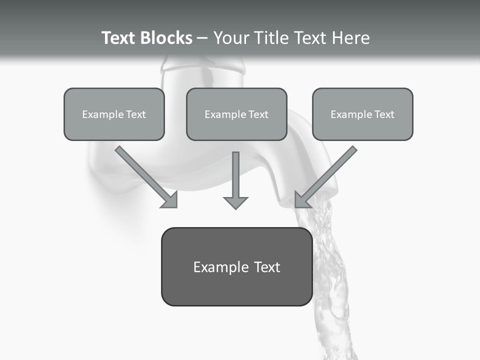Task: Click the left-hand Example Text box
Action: point(114,114)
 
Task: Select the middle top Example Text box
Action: point(236,114)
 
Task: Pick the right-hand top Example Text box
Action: point(362,114)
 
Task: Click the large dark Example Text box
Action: point(236,267)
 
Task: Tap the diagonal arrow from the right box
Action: point(329,173)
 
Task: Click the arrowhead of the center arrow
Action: point(235,202)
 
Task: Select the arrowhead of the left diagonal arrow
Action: point(171,200)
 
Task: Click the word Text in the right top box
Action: point(384,114)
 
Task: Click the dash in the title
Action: point(202,38)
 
